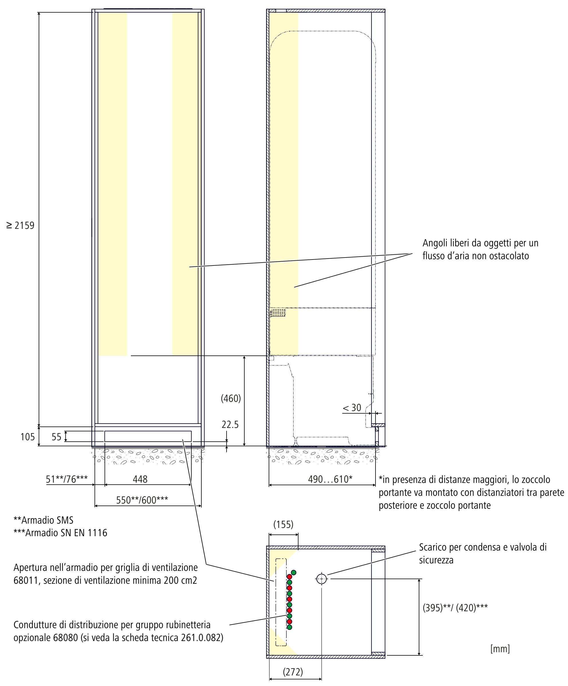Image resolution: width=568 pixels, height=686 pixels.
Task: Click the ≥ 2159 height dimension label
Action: pyautogui.click(x=21, y=226)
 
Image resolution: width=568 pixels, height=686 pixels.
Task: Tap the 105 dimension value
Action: pyautogui.click(x=27, y=437)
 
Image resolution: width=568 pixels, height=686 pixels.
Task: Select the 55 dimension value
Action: pyautogui.click(x=56, y=437)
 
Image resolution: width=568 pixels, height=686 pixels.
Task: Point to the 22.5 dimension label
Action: pyautogui.click(x=230, y=425)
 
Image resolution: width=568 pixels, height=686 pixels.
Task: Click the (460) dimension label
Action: pyautogui.click(x=231, y=398)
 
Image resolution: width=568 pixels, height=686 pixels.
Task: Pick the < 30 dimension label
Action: pyautogui.click(x=352, y=408)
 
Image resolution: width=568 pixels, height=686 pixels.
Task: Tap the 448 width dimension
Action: pyautogui.click(x=140, y=479)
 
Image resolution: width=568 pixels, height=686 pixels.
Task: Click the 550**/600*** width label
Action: pyautogui.click(x=142, y=500)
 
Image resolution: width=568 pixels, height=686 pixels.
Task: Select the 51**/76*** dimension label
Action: pyautogui.click(x=67, y=479)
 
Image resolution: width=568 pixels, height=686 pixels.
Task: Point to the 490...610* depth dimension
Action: pyautogui.click(x=330, y=479)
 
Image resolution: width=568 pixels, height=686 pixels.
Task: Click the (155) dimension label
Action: pyautogui.click(x=283, y=525)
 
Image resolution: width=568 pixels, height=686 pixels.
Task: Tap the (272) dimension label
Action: pyautogui.click(x=293, y=672)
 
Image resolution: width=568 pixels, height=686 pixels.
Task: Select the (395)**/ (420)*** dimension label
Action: pyautogui.click(x=455, y=608)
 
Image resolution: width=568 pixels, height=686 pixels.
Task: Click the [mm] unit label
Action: pyautogui.click(x=500, y=649)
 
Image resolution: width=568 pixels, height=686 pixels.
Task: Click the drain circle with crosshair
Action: pyautogui.click(x=321, y=579)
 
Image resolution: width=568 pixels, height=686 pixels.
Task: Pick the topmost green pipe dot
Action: pyautogui.click(x=294, y=572)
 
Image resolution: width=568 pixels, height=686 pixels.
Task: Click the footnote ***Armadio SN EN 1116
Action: pyautogui.click(x=60, y=533)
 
